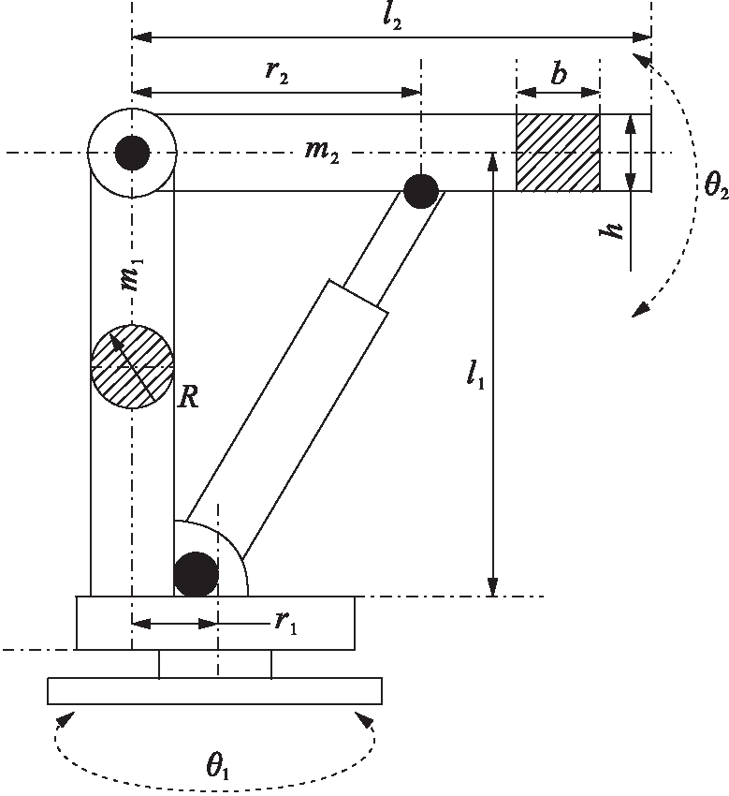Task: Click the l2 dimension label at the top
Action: [x=392, y=19]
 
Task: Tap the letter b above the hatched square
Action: [x=559, y=74]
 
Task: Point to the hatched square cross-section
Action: [x=558, y=153]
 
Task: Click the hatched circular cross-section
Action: [x=132, y=366]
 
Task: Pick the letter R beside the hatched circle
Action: [x=188, y=398]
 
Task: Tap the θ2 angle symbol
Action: [x=716, y=185]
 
